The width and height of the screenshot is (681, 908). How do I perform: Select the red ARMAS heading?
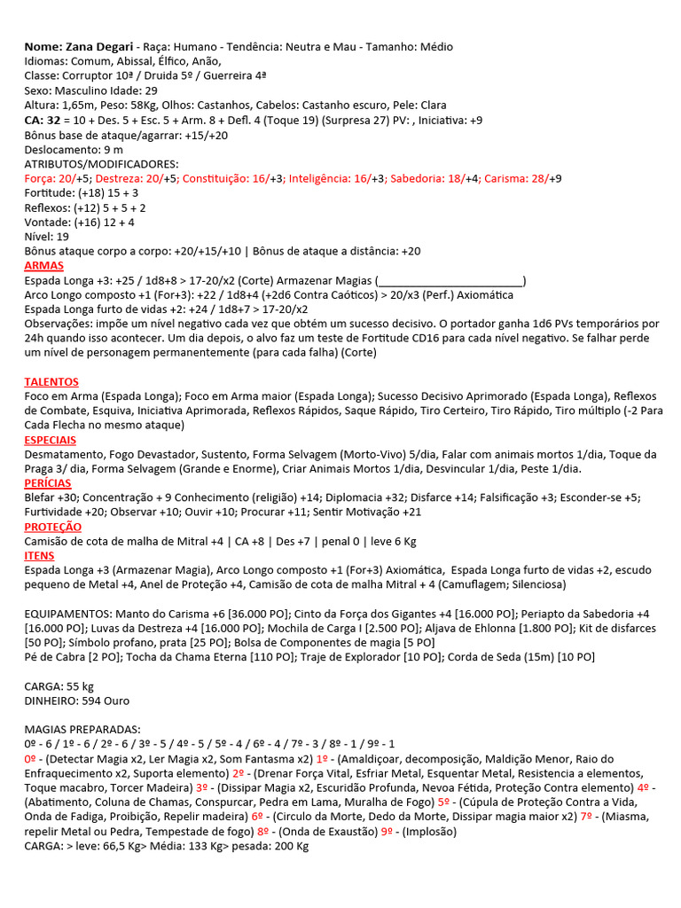coord(43,266)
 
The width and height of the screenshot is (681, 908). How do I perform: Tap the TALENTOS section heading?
coord(51,381)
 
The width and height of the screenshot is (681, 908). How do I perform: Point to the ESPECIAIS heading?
coord(50,440)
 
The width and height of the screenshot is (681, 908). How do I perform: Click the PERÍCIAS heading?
coord(48,483)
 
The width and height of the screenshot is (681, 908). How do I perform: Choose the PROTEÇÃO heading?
coord(51,527)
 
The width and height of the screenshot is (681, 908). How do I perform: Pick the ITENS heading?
coord(39,556)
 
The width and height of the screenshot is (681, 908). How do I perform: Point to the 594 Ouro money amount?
coord(105,701)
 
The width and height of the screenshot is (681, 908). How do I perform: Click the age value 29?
coord(151,90)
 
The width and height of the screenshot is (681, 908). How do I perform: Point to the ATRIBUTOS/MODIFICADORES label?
coord(101,164)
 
